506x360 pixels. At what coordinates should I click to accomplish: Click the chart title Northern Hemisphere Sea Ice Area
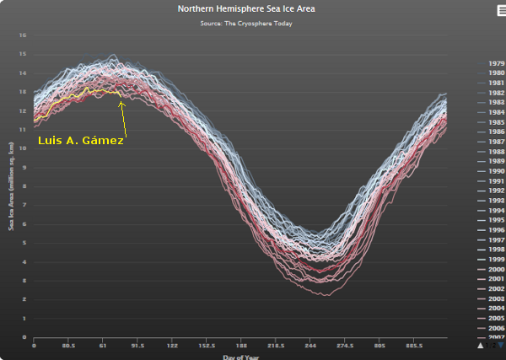coord(252,9)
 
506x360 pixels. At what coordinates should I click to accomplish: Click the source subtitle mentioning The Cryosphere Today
coord(252,23)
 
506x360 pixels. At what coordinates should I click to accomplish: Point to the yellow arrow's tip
coord(121,100)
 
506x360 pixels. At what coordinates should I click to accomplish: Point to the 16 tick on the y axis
coord(23,35)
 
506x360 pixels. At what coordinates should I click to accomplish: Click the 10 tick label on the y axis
coord(23,148)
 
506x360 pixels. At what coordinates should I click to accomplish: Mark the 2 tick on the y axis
coord(24,299)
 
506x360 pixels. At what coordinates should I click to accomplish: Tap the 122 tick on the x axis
coord(172,346)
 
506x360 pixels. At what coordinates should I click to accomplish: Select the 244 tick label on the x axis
coord(310,346)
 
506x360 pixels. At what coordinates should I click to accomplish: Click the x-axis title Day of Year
coord(241,356)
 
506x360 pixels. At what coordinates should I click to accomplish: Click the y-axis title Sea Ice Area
coord(11,185)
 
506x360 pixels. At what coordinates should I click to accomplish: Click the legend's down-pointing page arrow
coord(500,345)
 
